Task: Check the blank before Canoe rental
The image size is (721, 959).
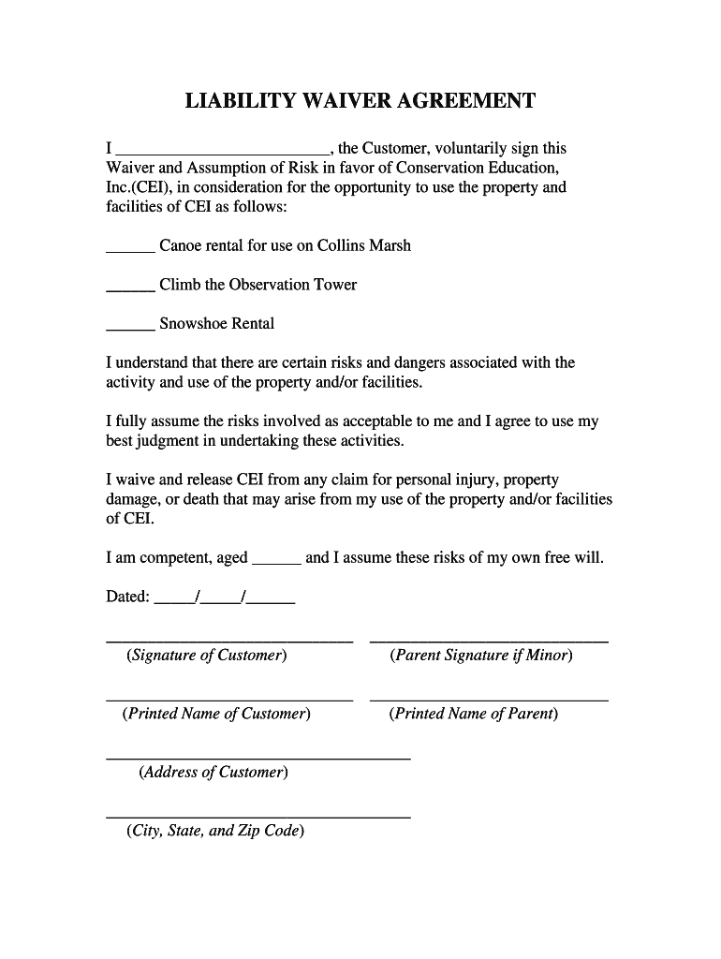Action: (130, 250)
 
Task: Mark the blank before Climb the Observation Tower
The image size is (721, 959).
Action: (130, 289)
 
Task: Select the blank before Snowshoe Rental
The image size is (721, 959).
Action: (130, 329)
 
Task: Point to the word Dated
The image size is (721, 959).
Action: (127, 598)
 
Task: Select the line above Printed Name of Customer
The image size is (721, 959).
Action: (229, 700)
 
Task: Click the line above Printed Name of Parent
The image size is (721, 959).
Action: (489, 700)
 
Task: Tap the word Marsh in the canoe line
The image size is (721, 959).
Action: (390, 246)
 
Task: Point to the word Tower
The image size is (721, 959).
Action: (334, 285)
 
